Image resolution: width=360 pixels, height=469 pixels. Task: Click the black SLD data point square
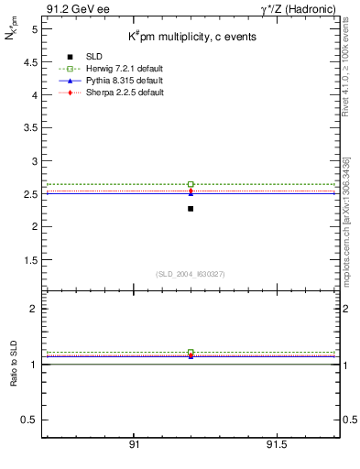click(191, 209)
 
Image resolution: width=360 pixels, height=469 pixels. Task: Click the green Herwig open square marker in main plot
click(191, 184)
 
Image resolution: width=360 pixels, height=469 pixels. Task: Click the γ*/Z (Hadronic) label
click(299, 9)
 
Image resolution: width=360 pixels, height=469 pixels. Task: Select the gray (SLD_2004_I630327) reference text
click(191, 274)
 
